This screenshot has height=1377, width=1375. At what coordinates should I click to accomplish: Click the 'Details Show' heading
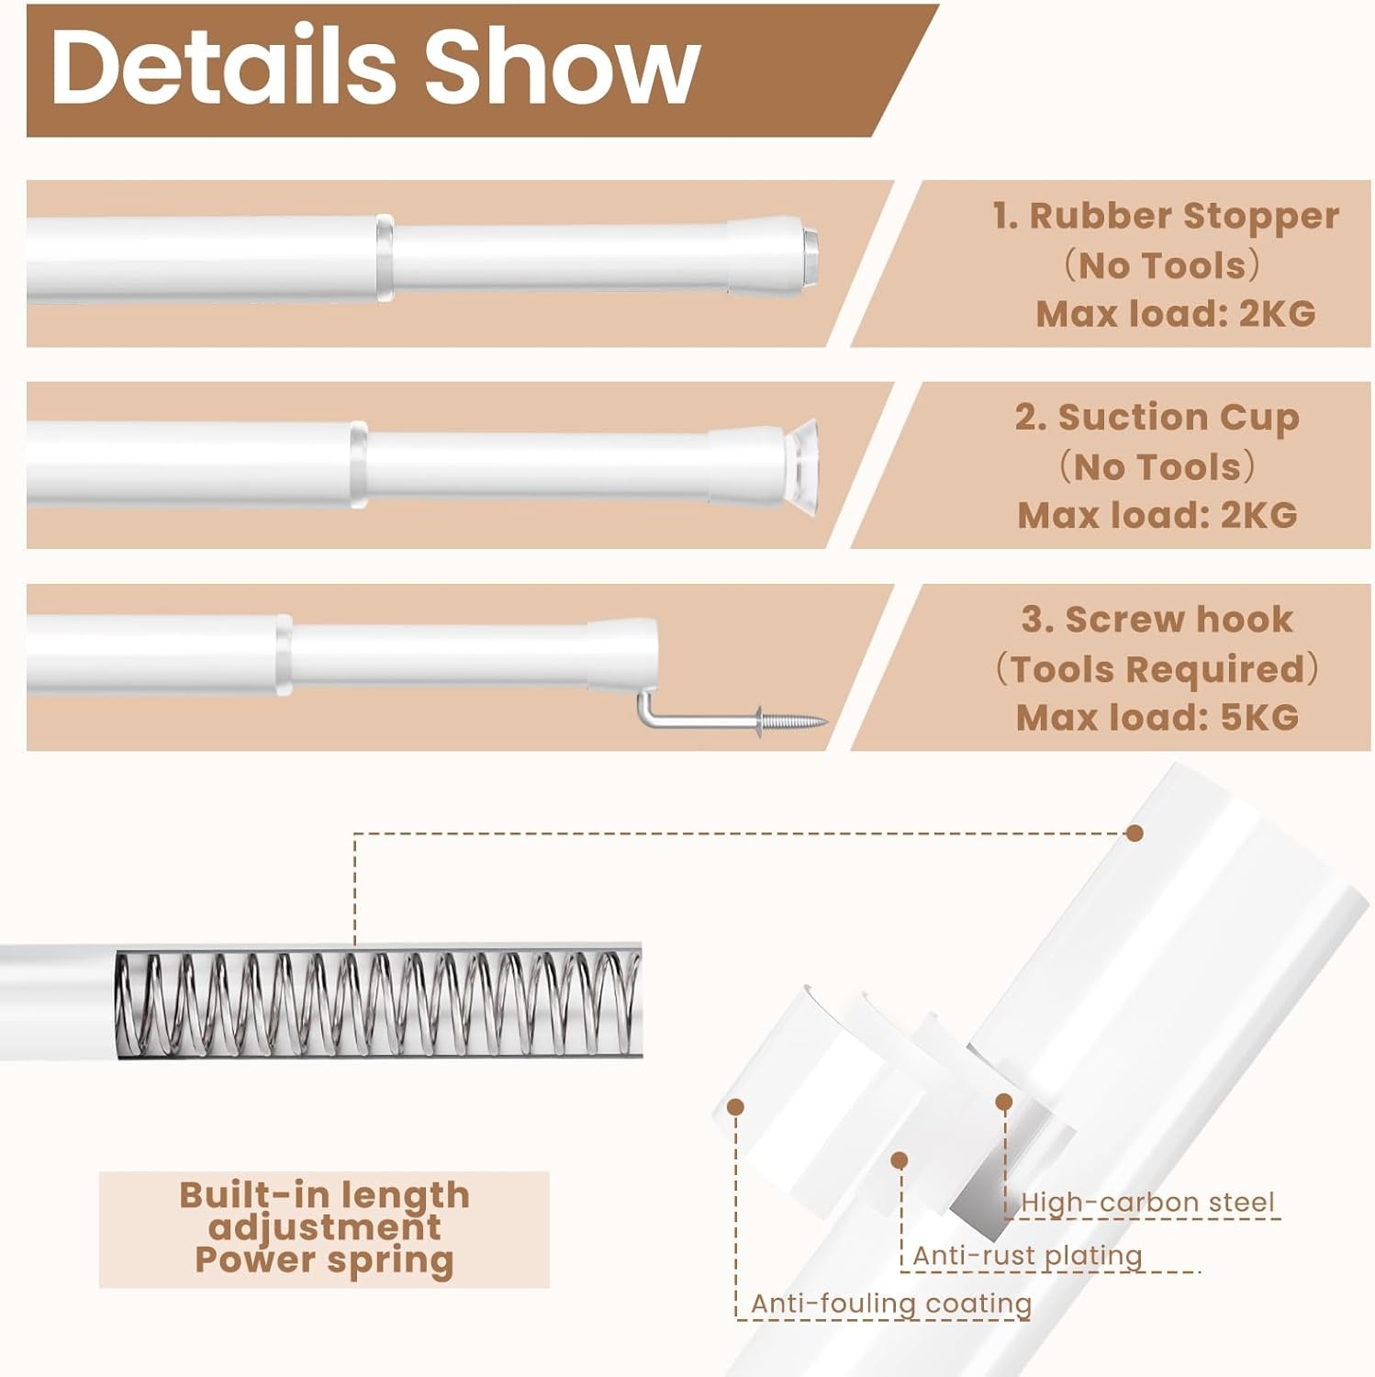[375, 66]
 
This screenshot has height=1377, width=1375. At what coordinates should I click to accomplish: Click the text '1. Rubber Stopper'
[1166, 216]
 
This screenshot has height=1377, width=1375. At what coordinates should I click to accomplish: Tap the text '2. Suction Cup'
[1157, 418]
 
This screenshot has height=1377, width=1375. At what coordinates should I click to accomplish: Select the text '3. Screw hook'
[1157, 620]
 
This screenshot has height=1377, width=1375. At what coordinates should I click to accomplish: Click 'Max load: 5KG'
[1157, 717]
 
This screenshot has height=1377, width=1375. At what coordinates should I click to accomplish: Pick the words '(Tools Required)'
[1157, 669]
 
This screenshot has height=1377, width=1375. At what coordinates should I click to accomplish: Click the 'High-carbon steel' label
[1147, 1202]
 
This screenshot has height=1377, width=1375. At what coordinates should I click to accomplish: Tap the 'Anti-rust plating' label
[1027, 1255]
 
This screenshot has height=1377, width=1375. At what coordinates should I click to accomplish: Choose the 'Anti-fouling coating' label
[891, 1304]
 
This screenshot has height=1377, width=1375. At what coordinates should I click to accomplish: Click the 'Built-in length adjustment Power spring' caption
[324, 1228]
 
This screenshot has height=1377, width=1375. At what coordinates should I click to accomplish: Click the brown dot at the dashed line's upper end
[1135, 834]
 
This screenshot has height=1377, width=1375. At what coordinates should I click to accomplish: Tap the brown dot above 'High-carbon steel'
[1004, 1102]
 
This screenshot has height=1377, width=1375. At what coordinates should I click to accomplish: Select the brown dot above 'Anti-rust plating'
[900, 1160]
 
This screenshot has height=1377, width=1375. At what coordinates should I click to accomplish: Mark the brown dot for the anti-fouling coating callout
[734, 1107]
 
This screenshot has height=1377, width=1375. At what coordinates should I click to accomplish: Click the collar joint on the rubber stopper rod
[384, 259]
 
